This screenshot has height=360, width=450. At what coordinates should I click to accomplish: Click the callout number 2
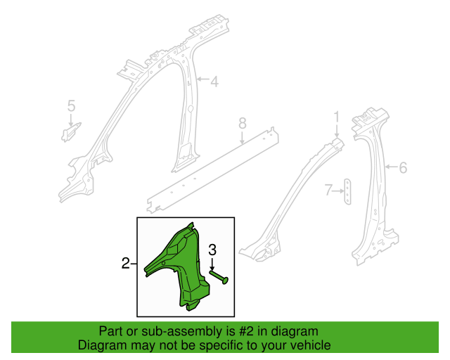[x=125, y=263]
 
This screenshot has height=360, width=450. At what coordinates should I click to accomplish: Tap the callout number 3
[x=212, y=250]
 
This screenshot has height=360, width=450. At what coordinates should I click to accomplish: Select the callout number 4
[x=214, y=82]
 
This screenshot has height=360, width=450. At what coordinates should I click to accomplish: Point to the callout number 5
[x=71, y=105]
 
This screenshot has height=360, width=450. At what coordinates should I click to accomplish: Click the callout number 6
[x=403, y=167]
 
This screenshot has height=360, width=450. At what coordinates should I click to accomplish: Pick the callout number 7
[x=328, y=190]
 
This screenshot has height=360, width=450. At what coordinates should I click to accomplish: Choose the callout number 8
[x=243, y=124]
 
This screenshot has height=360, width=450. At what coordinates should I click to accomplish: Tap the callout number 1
[x=336, y=117]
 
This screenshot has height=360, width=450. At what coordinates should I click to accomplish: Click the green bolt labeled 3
[x=219, y=277]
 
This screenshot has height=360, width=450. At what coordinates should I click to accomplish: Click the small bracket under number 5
[x=70, y=132]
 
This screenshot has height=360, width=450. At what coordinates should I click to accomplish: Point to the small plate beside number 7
[x=347, y=191]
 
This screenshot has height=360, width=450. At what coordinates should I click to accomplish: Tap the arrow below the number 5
[x=71, y=120]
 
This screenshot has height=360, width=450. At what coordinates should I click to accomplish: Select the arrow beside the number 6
[x=391, y=167]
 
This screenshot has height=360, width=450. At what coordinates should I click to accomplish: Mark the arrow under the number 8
[x=243, y=138]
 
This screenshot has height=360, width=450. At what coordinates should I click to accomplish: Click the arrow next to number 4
[x=202, y=79]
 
